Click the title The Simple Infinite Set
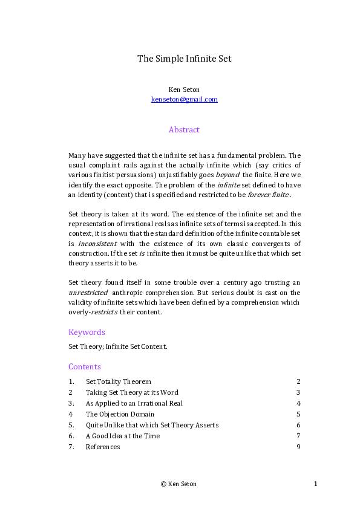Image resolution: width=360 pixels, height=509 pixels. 184,59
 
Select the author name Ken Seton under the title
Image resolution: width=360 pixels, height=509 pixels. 184,89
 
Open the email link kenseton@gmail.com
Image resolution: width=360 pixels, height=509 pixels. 184,99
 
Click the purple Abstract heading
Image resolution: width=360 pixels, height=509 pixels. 184,130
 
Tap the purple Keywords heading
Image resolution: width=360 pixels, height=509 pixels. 87,332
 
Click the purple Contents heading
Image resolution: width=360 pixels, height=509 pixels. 85,366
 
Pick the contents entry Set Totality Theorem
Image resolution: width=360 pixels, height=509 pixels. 118,381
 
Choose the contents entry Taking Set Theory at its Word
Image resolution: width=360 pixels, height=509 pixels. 132,392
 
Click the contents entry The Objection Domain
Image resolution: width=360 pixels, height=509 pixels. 120,414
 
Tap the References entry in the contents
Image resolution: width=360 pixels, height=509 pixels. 103,447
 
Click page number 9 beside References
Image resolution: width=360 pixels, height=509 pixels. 298,447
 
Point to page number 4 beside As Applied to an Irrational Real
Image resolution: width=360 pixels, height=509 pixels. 298,403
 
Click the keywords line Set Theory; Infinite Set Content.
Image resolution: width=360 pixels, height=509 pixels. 117,346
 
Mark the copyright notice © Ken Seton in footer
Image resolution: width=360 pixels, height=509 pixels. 178,484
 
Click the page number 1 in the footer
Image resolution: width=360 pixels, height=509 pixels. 316,484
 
